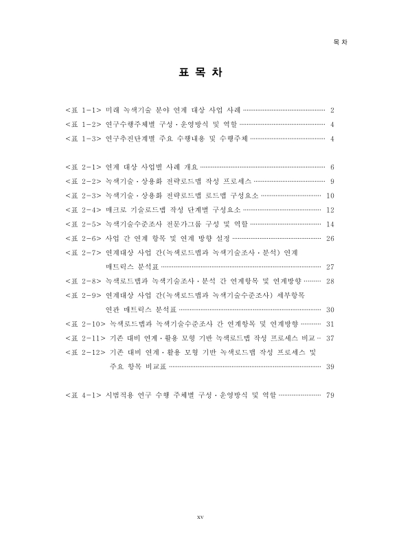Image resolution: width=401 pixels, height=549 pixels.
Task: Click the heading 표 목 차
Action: (x=200, y=73)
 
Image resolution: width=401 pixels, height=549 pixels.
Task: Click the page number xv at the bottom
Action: (x=200, y=517)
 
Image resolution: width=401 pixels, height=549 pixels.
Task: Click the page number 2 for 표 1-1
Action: (x=332, y=110)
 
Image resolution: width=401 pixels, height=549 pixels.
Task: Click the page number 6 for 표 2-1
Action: (x=332, y=167)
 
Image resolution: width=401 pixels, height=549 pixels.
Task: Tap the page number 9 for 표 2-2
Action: (x=332, y=181)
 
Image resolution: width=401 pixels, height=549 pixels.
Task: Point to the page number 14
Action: (x=330, y=224)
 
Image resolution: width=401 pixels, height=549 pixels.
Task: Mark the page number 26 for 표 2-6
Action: (x=330, y=238)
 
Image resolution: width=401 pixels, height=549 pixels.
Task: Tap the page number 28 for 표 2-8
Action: (x=330, y=281)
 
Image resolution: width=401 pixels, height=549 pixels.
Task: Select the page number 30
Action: (x=330, y=309)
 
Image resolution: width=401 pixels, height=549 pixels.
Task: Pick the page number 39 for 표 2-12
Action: (x=330, y=366)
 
